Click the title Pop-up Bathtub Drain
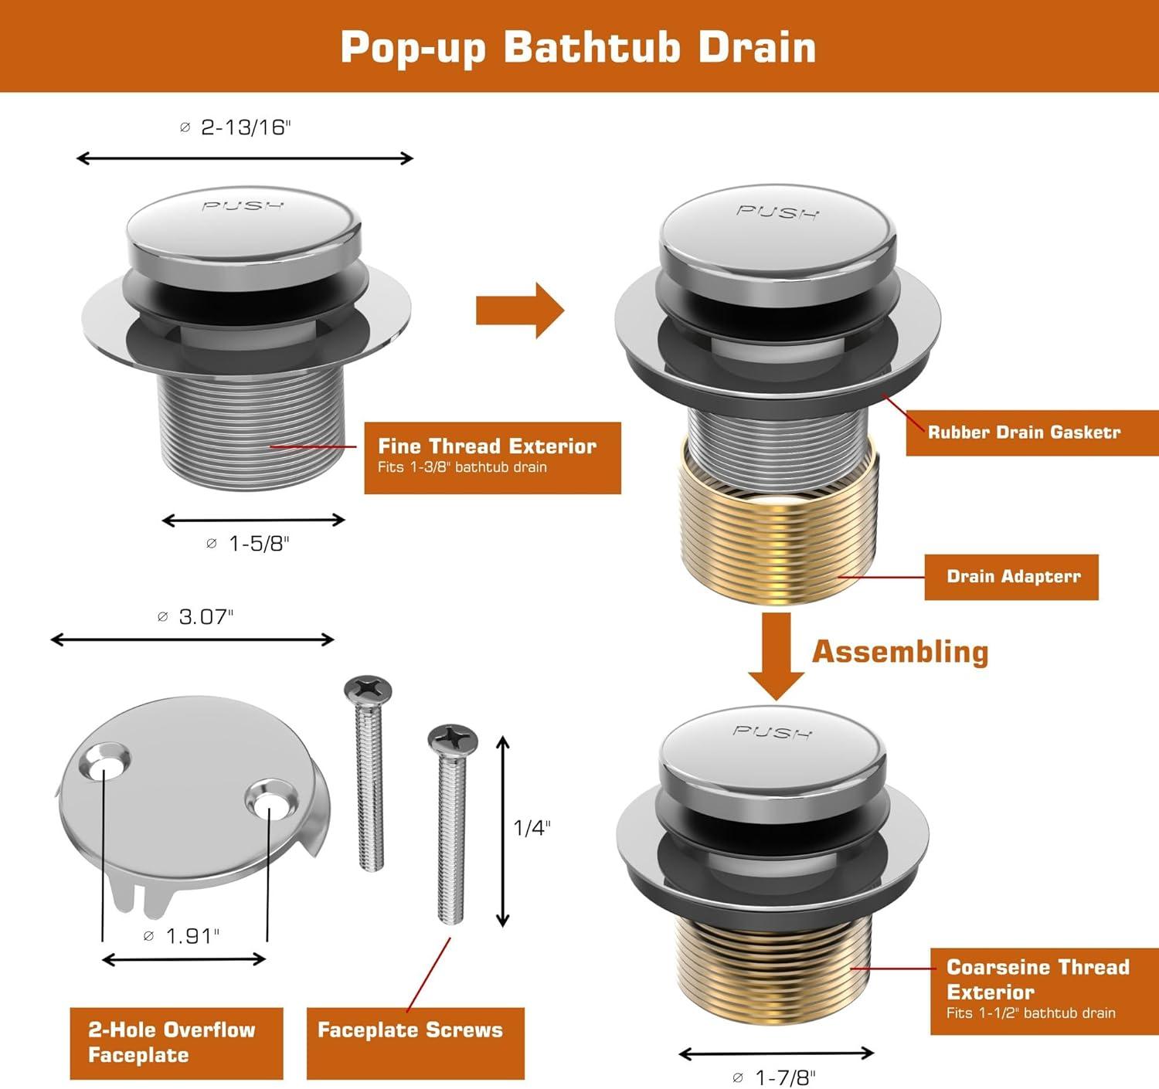coord(578,47)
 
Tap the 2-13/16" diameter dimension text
coord(236,127)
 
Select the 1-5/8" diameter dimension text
coord(248,543)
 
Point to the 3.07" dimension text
coord(195,616)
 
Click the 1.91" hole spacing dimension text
coord(182,935)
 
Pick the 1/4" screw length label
coord(532,827)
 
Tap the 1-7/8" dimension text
coord(775,1077)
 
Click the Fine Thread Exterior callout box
coord(492,458)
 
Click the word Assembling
coord(900,652)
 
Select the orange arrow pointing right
coord(520,310)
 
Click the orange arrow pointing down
coord(777,656)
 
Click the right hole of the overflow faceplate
coord(270,802)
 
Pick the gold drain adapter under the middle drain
coord(778,520)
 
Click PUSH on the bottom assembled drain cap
coord(772,732)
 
